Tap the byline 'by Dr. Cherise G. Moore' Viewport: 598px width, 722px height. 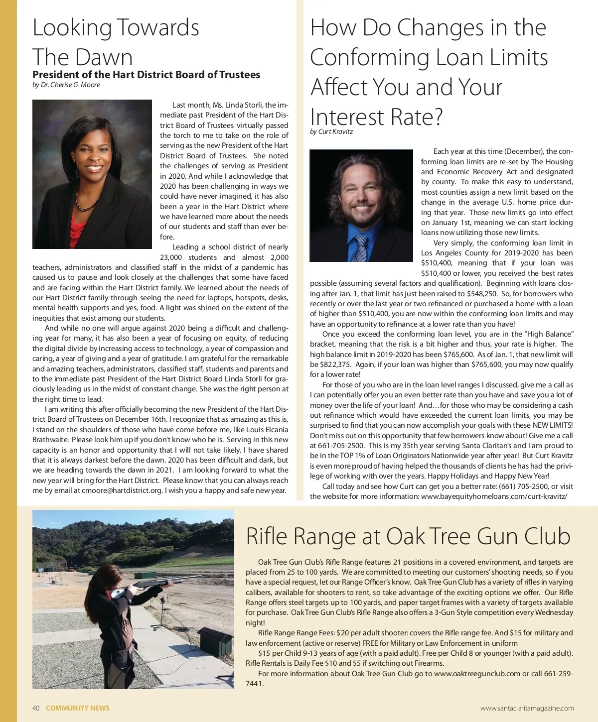click(66, 85)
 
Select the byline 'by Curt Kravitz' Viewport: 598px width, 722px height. click(331, 132)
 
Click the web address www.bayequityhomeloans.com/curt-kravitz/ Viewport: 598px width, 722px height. click(494, 496)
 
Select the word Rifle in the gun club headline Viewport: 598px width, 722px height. click(267, 536)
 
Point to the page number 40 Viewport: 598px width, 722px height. click(36, 708)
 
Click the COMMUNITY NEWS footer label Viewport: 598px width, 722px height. click(78, 708)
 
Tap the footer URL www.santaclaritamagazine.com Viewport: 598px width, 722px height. click(527, 708)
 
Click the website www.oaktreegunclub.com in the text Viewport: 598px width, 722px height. click(477, 674)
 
